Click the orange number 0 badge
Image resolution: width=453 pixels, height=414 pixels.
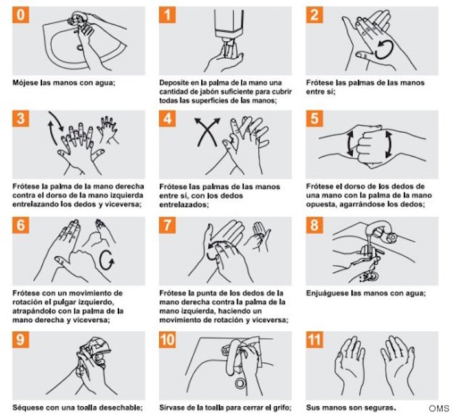(x=21, y=15)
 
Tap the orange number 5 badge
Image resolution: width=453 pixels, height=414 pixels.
(x=315, y=118)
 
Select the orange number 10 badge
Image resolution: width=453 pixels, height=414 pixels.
(x=168, y=340)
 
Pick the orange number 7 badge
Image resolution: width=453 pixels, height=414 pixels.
(x=168, y=225)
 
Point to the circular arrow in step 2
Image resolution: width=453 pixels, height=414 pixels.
(x=384, y=50)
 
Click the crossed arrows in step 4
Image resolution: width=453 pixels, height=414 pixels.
(x=207, y=132)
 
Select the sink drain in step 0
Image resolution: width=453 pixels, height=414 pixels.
(x=80, y=47)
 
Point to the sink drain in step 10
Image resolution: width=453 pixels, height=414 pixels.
(x=240, y=383)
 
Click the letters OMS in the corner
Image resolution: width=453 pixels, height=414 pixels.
(x=439, y=408)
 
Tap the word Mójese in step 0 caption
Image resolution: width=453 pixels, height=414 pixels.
(x=25, y=83)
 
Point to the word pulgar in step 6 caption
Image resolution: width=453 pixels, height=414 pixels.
(x=65, y=302)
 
